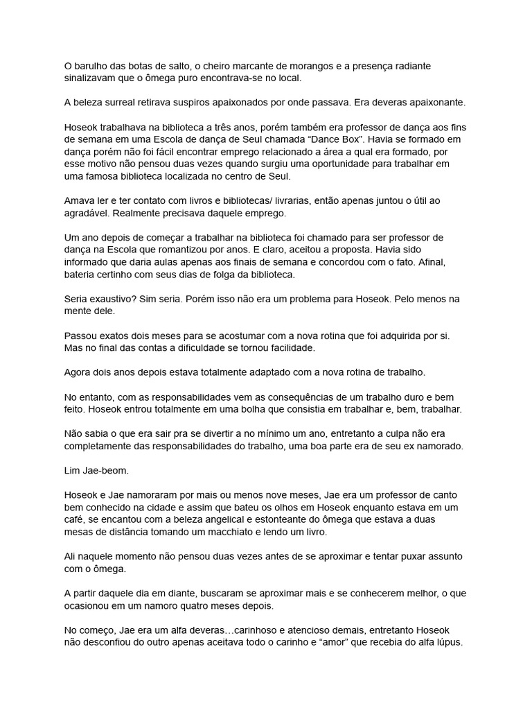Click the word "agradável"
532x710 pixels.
point(87,214)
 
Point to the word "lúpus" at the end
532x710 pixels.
point(447,643)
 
